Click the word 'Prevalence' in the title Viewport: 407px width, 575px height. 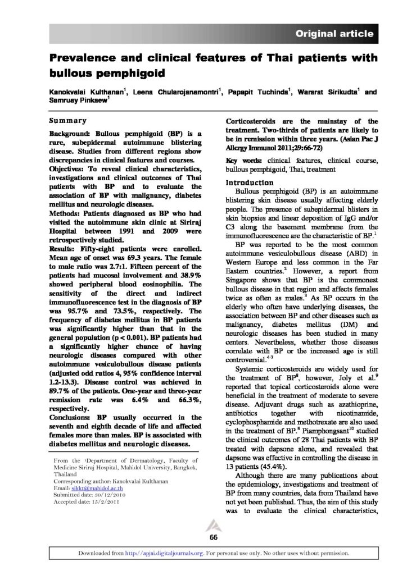coord(82,58)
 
